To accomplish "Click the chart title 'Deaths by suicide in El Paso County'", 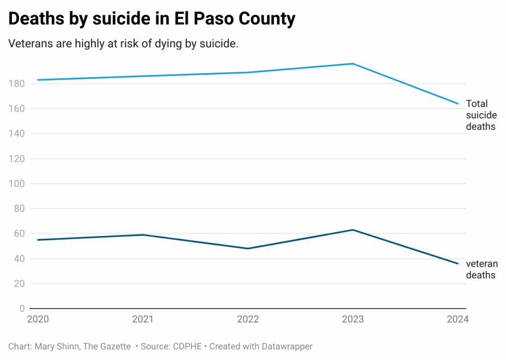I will tap(152, 19).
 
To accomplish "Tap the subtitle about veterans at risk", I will tap(124, 44).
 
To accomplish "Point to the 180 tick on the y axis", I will tap(17, 84).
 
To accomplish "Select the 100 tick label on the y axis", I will tap(17, 183).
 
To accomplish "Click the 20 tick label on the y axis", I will tap(19, 283).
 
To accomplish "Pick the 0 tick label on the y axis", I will tap(22, 309).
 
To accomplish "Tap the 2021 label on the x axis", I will tap(142, 319).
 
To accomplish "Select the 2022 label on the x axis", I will tap(248, 319).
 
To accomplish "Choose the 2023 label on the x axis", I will tap(353, 319).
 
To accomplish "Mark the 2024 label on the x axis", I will tap(458, 319).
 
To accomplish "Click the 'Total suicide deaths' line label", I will tap(481, 115).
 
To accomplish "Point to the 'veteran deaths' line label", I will tap(481, 270).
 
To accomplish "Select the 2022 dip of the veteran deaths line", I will tap(248, 249).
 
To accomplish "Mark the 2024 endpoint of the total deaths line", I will tap(458, 104).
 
